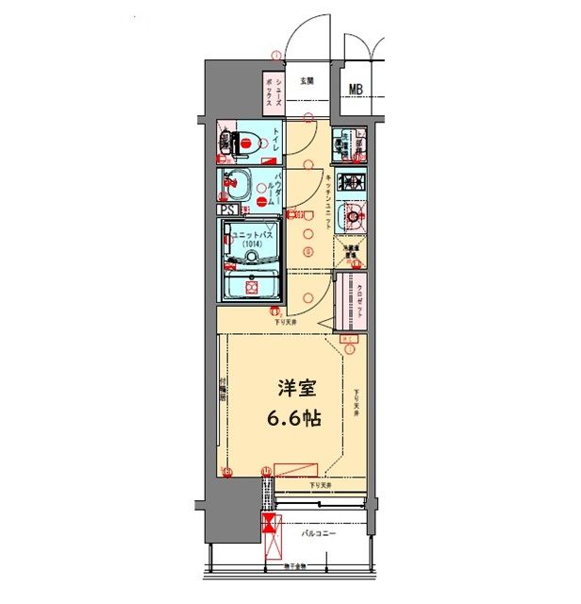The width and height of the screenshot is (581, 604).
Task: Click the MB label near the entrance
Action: pyautogui.click(x=356, y=91)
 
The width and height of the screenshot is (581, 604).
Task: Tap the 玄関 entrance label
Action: pyautogui.click(x=307, y=81)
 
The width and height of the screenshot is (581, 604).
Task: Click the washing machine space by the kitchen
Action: pyautogui.click(x=348, y=145)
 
